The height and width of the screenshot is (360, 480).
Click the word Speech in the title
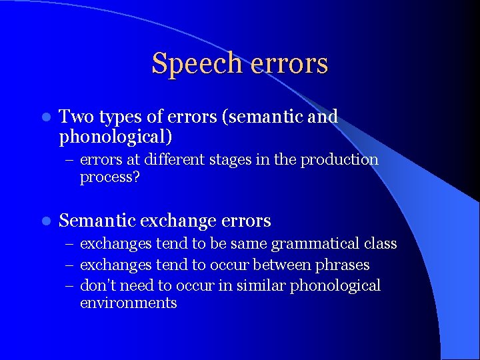pyautogui.click(x=195, y=64)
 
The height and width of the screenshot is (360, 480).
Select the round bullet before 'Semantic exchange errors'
pyautogui.click(x=45, y=221)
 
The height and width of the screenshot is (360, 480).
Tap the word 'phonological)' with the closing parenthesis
pyautogui.click(x=115, y=137)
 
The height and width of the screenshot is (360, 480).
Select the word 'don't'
pyautogui.click(x=97, y=285)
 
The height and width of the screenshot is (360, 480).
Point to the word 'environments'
pyautogui.click(x=128, y=303)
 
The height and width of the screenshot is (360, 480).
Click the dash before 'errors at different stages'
pyautogui.click(x=69, y=161)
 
